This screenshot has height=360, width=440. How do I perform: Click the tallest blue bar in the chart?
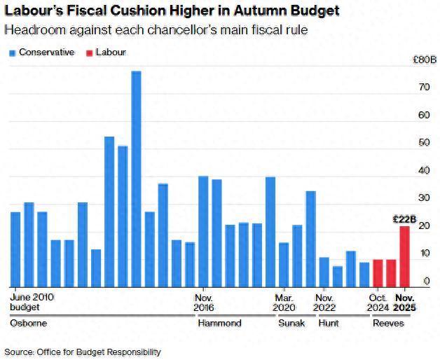136,179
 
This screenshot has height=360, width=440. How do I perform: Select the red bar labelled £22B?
405,256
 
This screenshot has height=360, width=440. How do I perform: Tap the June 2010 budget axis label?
32,302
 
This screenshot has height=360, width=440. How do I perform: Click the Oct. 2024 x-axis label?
378,302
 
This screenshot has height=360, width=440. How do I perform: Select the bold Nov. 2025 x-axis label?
404,302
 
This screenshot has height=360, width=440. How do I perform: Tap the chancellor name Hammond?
219,323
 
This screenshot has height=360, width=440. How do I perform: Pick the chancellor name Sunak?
291,323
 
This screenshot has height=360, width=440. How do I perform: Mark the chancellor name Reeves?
387,323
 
